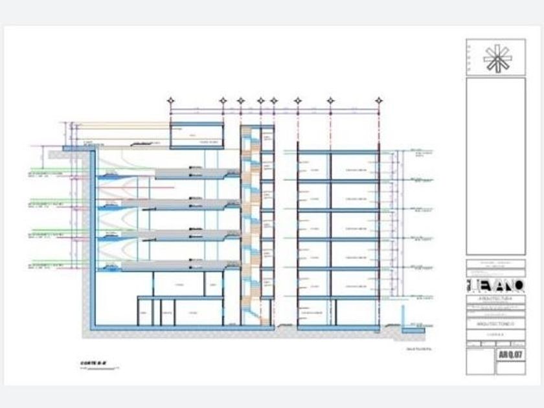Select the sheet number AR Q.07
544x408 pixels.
click(510, 355)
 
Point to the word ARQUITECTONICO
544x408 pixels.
click(495, 322)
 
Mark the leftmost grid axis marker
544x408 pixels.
click(171, 101)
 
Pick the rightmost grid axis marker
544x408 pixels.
click(379, 101)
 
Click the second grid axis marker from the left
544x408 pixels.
click(223, 101)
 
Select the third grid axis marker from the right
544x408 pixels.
click(298, 101)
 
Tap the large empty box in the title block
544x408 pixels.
click(495, 166)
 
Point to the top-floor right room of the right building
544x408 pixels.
click(355, 167)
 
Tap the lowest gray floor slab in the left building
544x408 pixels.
click(175, 266)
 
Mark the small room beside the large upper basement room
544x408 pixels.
click(213, 284)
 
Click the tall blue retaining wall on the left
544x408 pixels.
click(91, 240)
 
